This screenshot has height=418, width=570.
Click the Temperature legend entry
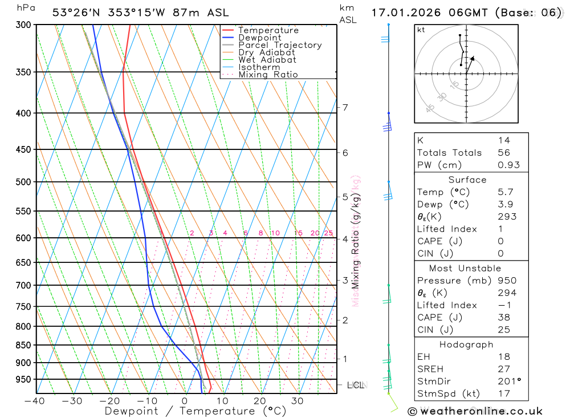tap(268, 30)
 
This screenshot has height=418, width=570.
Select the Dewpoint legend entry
tap(260, 38)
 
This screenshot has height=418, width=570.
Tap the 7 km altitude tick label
tap(345, 107)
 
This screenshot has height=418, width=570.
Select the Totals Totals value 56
tap(504, 152)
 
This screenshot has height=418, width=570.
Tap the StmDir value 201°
tap(508, 381)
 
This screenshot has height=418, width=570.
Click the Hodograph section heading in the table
tap(467, 344)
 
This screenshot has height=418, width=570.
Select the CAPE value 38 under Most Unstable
tap(504, 318)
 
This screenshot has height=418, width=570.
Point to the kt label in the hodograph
tap(421, 30)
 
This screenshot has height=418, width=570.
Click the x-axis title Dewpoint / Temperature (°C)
tap(196, 411)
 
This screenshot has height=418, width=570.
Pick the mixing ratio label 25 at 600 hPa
tap(328, 233)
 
